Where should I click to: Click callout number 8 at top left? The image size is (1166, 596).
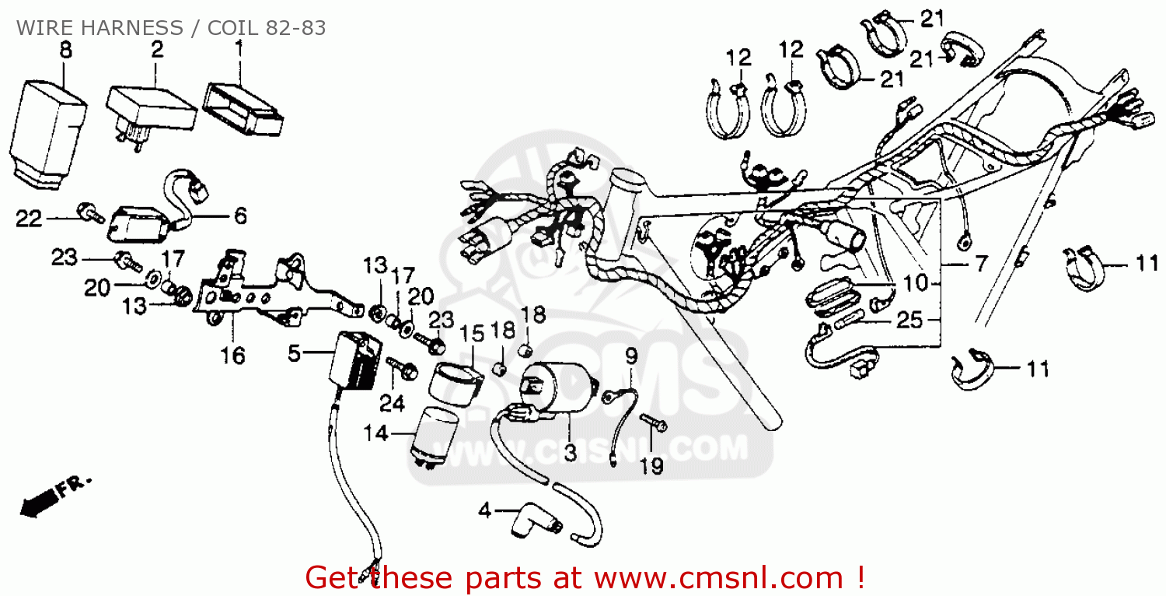pos(65,51)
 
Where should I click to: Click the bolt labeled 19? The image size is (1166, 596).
pos(653,422)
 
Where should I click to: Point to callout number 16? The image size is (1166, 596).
pos(232,356)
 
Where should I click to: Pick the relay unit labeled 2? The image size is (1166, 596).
pos(151,117)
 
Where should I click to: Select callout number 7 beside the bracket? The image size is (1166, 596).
pos(981,264)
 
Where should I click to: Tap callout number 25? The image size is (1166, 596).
pos(909,320)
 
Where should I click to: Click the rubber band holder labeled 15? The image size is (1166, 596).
pos(456,384)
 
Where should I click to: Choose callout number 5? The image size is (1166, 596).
pos(294,354)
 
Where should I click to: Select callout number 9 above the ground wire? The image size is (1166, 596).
pos(631,356)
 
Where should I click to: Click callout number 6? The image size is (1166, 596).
pos(240,216)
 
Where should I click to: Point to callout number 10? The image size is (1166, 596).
pos(916,283)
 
